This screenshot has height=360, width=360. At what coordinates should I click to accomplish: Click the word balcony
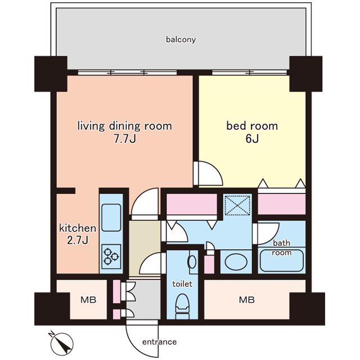pos(181,40)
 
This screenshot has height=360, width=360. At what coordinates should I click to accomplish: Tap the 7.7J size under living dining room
pos(125,139)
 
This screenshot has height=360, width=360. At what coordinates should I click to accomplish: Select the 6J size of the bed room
pos(252,139)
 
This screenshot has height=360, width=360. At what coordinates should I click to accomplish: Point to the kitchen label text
pos(78,228)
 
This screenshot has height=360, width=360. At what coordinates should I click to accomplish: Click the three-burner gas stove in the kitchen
pos(111,256)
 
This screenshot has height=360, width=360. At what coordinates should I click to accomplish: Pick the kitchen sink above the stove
pos(111,218)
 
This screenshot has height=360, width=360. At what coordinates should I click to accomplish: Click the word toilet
pos(182,284)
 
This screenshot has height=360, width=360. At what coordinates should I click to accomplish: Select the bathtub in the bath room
pos(282,260)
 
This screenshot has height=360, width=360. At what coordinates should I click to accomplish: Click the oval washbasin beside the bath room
pos(236,262)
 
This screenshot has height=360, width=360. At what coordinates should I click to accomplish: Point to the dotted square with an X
pos(237,205)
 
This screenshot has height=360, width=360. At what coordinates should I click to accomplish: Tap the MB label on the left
pos(88,300)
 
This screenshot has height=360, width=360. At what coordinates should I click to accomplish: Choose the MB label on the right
pos(247,300)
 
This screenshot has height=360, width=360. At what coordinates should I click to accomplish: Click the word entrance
pos(159,342)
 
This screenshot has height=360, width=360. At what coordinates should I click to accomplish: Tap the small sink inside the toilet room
pos(192,262)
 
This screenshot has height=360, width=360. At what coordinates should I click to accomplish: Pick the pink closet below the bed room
pos(282,204)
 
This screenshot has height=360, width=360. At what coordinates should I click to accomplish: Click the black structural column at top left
pos(51,74)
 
